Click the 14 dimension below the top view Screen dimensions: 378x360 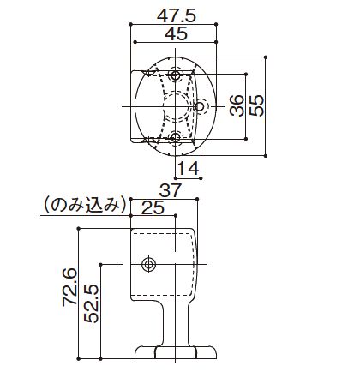[x=189, y=168]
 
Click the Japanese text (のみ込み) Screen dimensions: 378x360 [x=83, y=206]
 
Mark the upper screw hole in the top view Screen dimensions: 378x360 [x=177, y=76]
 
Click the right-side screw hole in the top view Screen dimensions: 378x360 [x=200, y=106]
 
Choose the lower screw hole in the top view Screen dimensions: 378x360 [x=177, y=137]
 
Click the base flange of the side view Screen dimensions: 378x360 [x=176, y=352]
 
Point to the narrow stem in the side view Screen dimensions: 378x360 [x=176, y=321]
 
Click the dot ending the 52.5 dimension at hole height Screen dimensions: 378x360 [x=102, y=264]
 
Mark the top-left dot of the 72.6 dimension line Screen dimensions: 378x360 [x=80, y=228]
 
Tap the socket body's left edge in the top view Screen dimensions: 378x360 [x=132, y=106]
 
